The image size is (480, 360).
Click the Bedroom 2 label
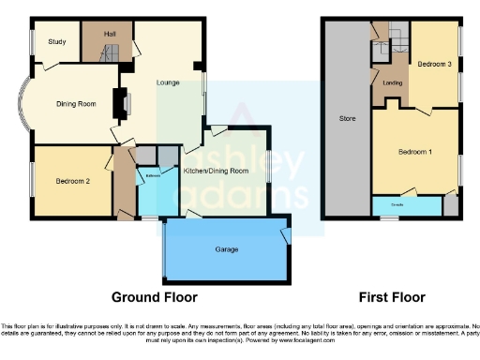click(x=71, y=181)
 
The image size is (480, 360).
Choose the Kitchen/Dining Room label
click(x=216, y=172)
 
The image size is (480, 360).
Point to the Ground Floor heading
click(x=155, y=297)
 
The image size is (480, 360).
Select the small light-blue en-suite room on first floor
click(x=405, y=204)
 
